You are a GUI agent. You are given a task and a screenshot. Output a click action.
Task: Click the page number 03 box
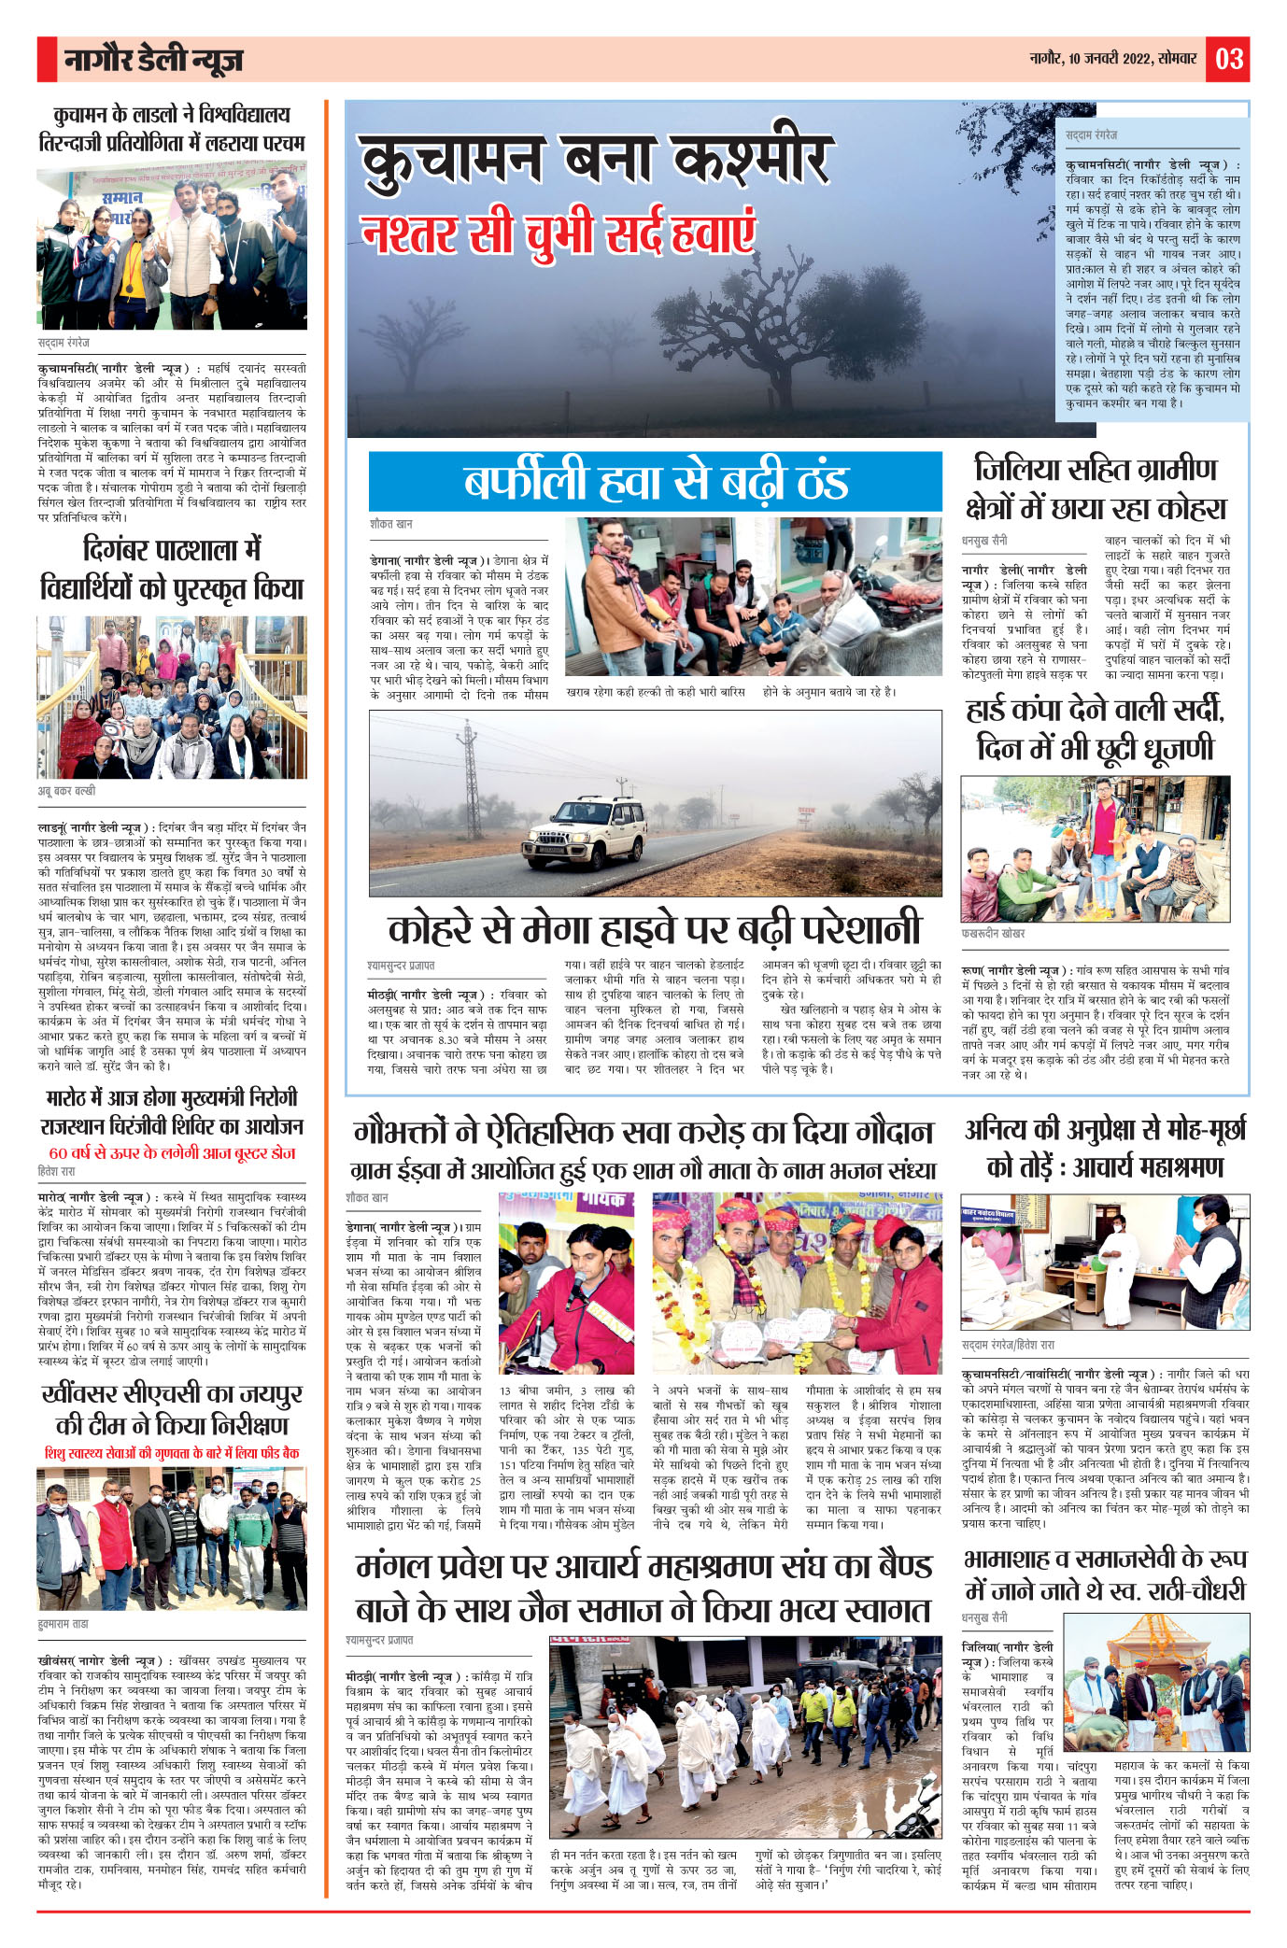[1228, 59]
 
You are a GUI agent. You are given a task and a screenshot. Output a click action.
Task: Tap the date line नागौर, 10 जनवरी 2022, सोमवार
[1112, 59]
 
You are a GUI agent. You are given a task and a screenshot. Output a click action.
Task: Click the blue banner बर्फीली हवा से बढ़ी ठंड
[655, 481]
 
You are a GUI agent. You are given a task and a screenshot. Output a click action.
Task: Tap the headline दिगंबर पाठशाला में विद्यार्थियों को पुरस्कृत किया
[172, 568]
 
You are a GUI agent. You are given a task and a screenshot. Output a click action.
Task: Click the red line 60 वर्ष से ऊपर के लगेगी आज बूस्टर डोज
[172, 1153]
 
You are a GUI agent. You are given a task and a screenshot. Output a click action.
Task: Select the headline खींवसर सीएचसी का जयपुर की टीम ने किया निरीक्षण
[172, 1409]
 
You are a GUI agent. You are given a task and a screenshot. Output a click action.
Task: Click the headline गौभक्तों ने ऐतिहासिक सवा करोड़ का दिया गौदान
[643, 1133]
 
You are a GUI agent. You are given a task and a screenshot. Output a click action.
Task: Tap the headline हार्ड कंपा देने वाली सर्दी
[1095, 728]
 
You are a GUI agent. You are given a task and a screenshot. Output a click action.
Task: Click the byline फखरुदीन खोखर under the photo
[993, 934]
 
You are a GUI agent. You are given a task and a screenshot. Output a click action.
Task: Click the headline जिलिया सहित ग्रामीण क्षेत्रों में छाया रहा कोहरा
[1095, 488]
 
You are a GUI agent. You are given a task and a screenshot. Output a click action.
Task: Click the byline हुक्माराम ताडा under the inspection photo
[64, 1624]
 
